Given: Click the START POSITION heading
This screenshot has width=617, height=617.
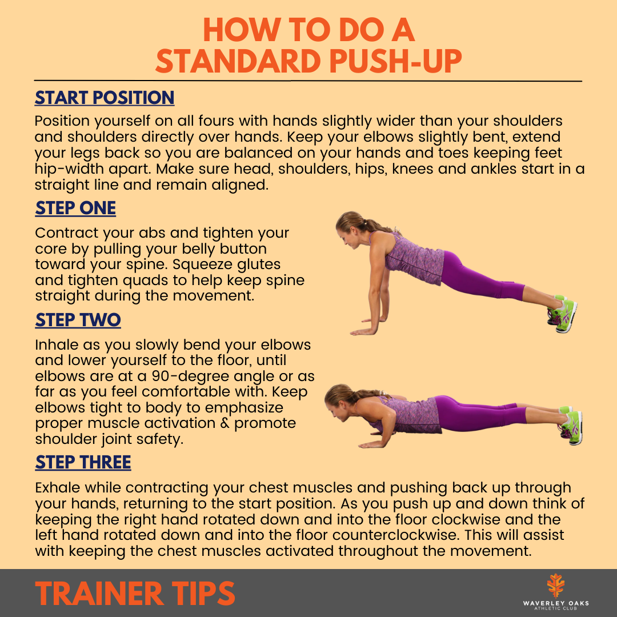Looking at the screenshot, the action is click(105, 98).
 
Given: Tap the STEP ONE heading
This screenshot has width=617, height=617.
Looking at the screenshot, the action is click(75, 208).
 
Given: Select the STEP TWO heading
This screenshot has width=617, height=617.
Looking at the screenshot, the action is click(78, 320).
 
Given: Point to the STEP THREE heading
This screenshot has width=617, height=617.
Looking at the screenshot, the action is click(83, 462).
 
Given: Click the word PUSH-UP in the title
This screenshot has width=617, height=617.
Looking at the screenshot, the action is click(395, 61).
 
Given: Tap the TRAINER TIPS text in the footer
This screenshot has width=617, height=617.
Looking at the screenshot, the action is click(135, 594).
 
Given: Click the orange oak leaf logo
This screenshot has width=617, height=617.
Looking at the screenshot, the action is click(556, 586).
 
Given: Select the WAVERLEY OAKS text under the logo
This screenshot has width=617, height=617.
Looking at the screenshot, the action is click(556, 603).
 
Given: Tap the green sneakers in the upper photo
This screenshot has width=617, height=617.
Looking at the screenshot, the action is click(563, 313).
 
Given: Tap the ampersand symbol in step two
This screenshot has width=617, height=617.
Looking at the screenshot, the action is click(225, 423).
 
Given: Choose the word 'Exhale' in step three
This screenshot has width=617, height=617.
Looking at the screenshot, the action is click(58, 487).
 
